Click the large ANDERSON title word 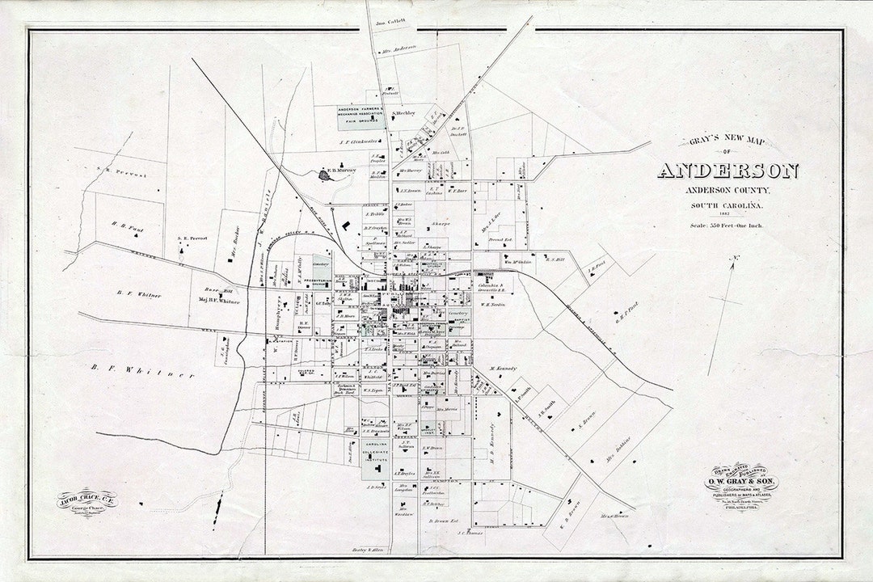point(727,171)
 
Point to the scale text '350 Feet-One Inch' point(727,226)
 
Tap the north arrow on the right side point(723,315)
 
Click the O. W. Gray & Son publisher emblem point(740,487)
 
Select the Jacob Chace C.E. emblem point(86,503)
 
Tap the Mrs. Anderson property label point(399,48)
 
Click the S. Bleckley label point(404,113)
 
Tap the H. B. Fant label point(127,227)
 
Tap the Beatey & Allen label point(366,549)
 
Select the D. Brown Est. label point(444,521)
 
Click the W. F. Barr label point(458,192)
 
